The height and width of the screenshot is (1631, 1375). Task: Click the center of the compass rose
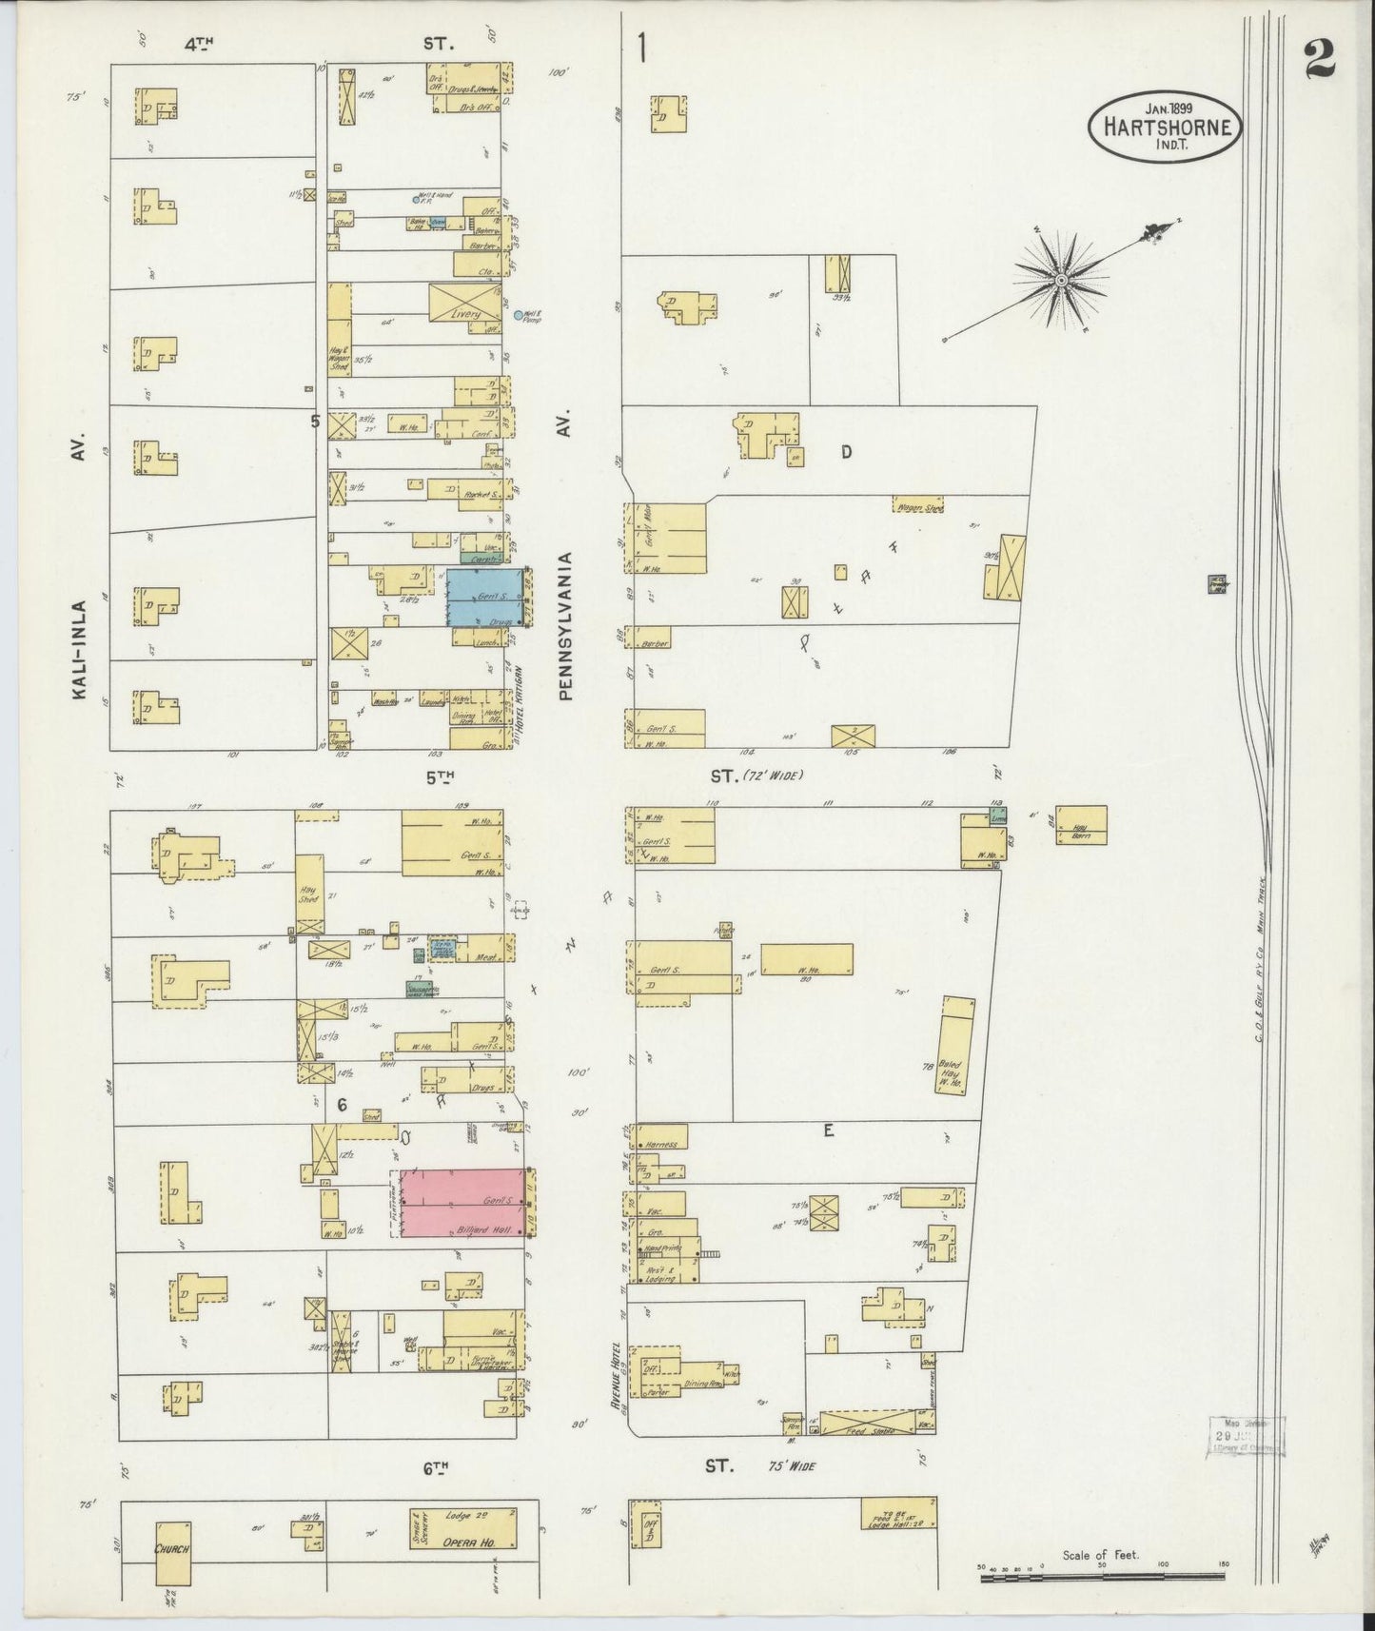[x=1060, y=280]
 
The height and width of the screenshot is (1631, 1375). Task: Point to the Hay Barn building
[x=1079, y=825]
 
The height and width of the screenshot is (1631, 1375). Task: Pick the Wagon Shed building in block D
[x=918, y=507]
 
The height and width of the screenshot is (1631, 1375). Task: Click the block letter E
[x=828, y=1130]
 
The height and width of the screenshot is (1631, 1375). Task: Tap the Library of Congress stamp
[x=1247, y=1435]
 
